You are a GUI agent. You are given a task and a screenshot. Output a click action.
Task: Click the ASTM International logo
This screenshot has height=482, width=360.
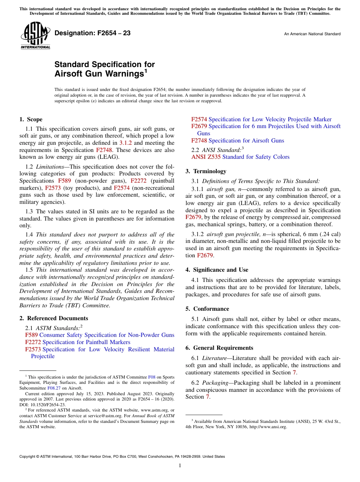[x=35, y=35]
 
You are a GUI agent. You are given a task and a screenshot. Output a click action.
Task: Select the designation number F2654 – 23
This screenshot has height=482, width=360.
[x=92, y=33]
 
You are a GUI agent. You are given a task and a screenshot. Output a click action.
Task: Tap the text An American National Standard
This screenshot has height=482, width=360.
[x=312, y=34]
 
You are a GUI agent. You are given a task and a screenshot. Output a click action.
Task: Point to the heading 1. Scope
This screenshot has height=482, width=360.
[x=31, y=119]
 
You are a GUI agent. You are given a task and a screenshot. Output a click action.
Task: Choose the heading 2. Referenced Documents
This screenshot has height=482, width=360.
[x=54, y=318]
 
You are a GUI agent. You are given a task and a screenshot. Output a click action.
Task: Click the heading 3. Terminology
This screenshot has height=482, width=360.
[x=206, y=171]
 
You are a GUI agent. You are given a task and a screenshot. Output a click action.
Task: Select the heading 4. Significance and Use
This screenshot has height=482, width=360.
[x=217, y=270]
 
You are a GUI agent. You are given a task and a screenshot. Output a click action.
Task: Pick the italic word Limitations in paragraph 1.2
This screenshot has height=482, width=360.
[x=52, y=167]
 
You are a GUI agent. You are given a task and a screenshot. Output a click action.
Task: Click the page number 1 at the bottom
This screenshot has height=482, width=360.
[x=180, y=466]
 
